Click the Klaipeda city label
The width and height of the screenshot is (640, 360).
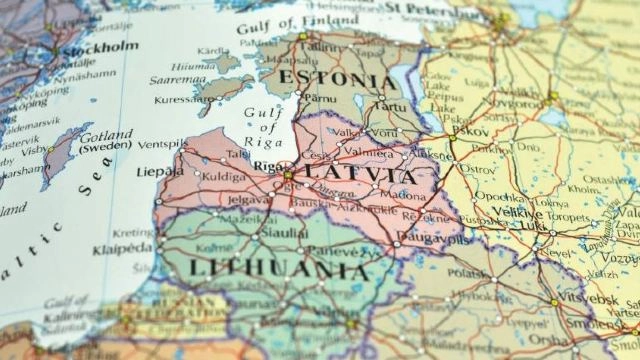click(x=122, y=248)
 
